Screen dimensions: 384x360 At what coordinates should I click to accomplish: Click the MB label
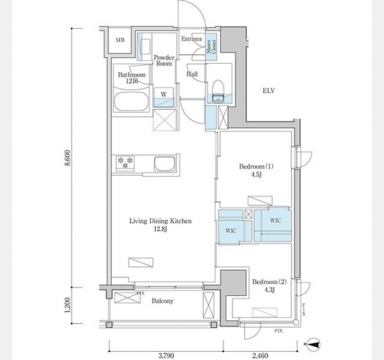pyautogui.click(x=120, y=40)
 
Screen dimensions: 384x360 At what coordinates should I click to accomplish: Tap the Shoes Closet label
pyautogui.click(x=211, y=47)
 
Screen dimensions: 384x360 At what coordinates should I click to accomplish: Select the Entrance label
pyautogui.click(x=192, y=38)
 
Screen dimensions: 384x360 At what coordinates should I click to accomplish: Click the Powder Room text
pyautogui.click(x=164, y=61)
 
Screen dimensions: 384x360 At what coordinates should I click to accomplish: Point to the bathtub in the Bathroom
pyautogui.click(x=131, y=101)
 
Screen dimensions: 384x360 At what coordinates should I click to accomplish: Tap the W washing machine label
pyautogui.click(x=164, y=94)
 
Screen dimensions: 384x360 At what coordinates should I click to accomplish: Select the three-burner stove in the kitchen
pyautogui.click(x=125, y=163)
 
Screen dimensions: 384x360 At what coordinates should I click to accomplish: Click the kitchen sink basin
pyautogui.click(x=164, y=164)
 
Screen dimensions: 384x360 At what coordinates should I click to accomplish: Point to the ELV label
pyautogui.click(x=269, y=91)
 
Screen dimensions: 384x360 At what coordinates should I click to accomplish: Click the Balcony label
pyautogui.click(x=163, y=301)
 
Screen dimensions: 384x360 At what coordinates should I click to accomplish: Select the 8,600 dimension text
pyautogui.click(x=68, y=158)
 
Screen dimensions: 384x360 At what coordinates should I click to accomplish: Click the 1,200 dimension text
pyautogui.click(x=68, y=305)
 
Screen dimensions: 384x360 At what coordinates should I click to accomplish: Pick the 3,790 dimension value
pyautogui.click(x=166, y=355)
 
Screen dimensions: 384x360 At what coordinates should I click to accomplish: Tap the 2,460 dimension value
pyautogui.click(x=260, y=355)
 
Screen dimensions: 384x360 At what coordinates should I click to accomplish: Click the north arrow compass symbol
pyautogui.click(x=314, y=344)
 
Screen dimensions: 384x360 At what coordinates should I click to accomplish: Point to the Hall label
pyautogui.click(x=192, y=74)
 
